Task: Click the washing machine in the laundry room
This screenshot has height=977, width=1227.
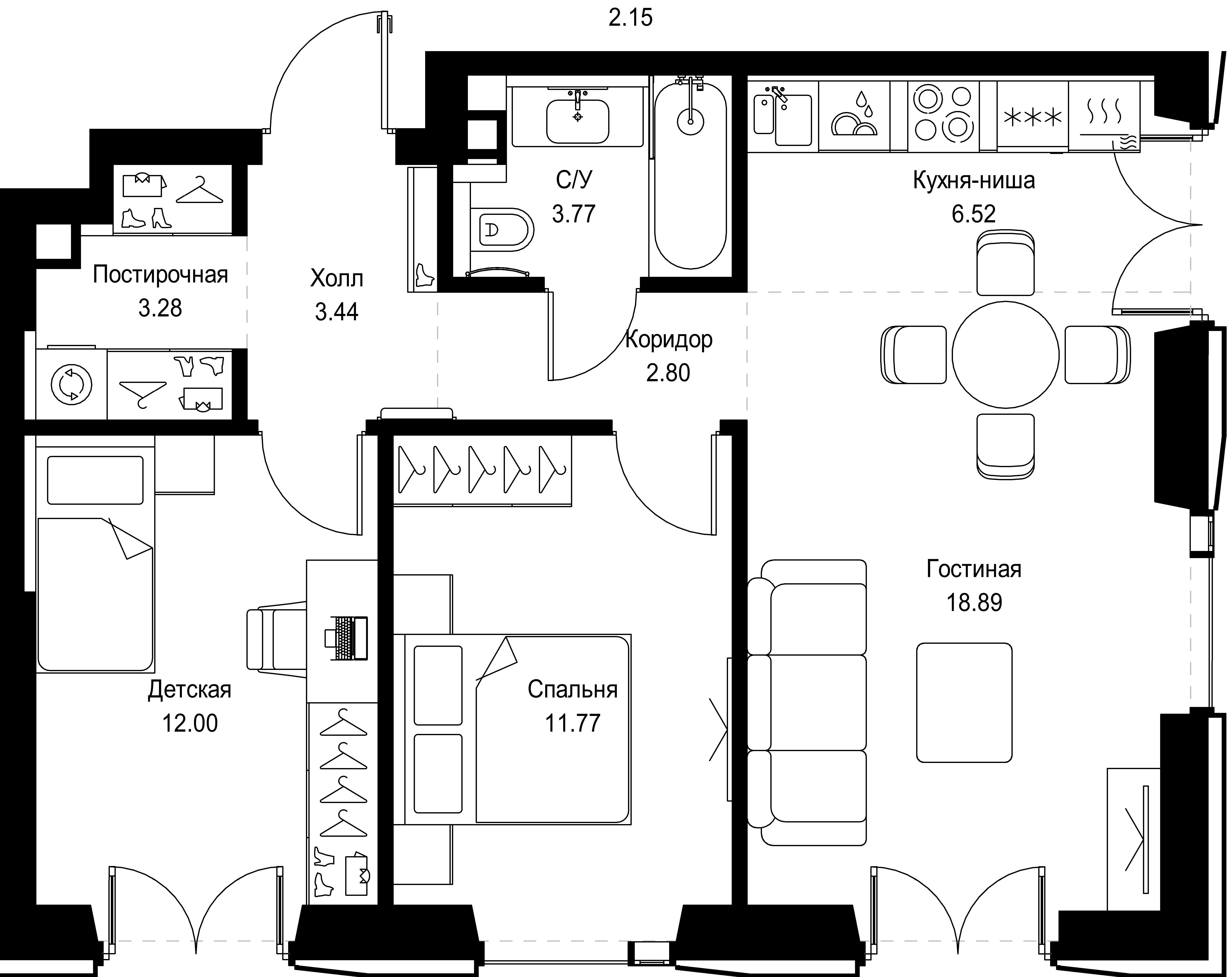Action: (x=71, y=385)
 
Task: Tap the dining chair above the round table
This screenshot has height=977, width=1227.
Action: (x=1005, y=263)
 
